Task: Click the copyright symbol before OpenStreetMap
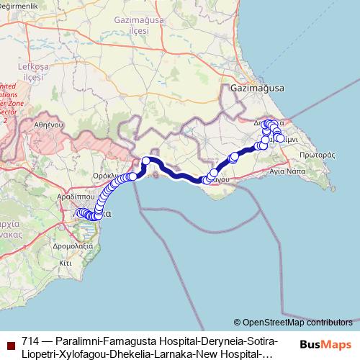237,323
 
